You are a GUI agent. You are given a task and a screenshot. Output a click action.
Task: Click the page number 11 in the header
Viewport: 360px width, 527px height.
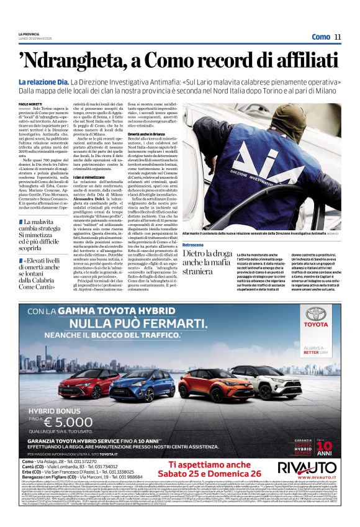tap(338, 37)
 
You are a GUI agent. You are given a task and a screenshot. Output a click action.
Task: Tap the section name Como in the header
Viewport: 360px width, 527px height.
tap(320, 37)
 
